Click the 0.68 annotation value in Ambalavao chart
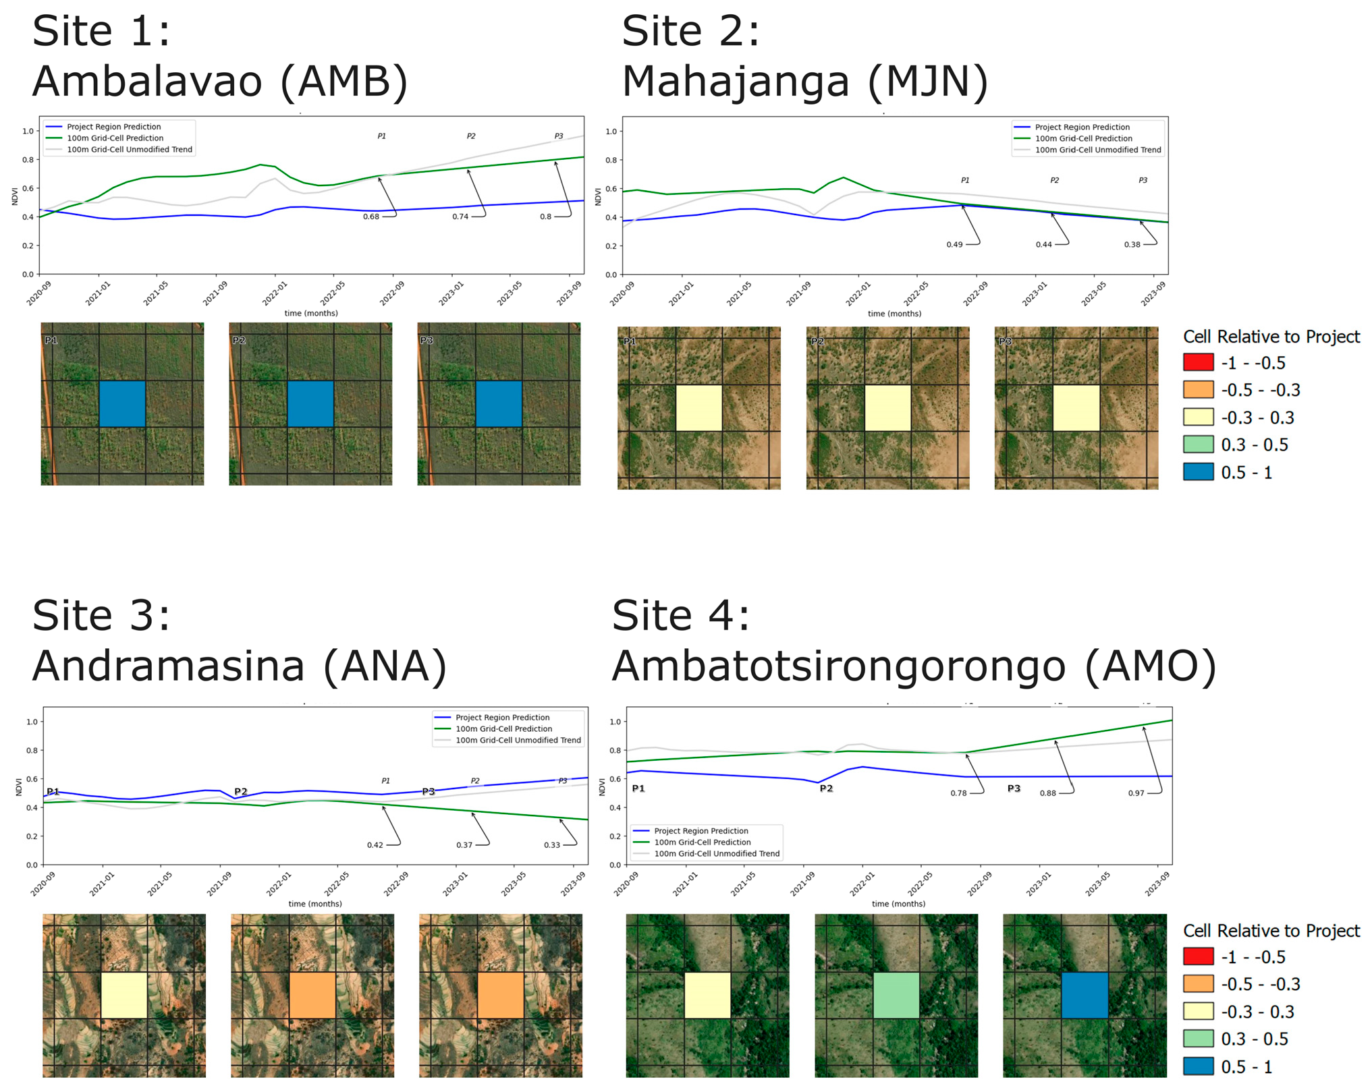pos(371,217)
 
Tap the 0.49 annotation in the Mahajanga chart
pos(954,244)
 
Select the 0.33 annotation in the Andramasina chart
pos(551,844)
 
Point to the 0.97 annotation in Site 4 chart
pos(1136,793)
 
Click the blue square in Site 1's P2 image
pos(310,403)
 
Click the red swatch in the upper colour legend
pos(1198,362)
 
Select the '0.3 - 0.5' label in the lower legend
pos(1254,1039)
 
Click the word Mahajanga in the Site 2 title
pos(735,81)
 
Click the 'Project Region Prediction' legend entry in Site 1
pos(113,127)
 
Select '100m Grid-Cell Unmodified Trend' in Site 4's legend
pos(717,853)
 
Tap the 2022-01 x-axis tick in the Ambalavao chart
pos(275,294)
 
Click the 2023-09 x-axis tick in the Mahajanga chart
pos(1153,294)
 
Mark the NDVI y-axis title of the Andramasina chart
pos(19,786)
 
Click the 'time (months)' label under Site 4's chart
pos(898,903)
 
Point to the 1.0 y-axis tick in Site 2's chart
pos(611,132)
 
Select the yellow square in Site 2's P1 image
pos(698,407)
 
